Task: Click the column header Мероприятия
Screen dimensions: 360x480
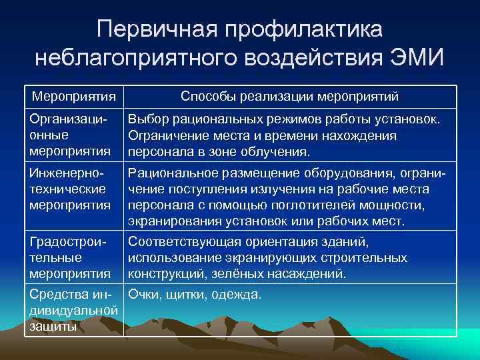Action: pyautogui.click(x=74, y=97)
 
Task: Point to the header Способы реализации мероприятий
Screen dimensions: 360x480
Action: pyautogui.click(x=290, y=97)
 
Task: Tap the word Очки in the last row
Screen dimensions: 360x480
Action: pyautogui.click(x=144, y=294)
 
